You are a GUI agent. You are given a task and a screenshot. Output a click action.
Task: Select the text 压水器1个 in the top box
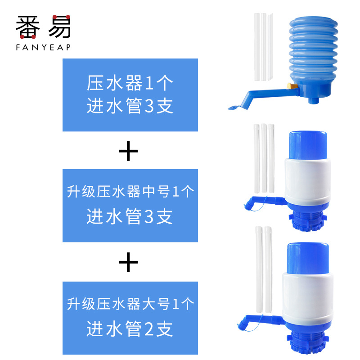point(130,84)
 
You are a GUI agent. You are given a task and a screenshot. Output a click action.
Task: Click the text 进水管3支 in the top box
point(130,106)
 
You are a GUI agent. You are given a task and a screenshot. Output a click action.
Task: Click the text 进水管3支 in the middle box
point(130,217)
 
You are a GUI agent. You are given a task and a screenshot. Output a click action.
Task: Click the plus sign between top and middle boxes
point(128,152)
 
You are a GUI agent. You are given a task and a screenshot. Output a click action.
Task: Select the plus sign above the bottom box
point(128,262)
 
